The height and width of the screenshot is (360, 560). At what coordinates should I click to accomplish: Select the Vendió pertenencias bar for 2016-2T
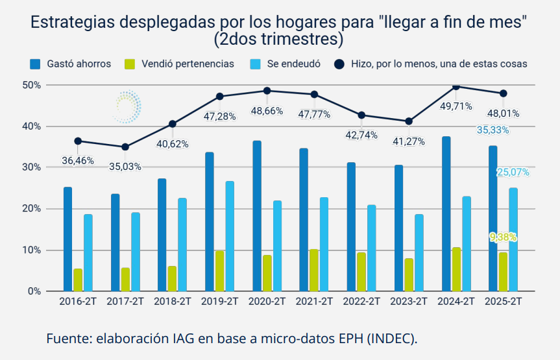(x=78, y=280)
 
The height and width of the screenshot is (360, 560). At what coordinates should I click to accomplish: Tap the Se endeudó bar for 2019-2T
(x=230, y=236)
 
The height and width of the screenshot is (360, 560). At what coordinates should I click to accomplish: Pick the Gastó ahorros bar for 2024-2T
(x=446, y=214)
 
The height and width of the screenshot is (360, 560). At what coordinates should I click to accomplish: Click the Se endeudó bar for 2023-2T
(x=419, y=252)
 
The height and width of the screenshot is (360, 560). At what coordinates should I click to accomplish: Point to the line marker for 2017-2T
(x=125, y=147)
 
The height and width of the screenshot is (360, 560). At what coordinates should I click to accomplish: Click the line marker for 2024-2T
(x=456, y=86)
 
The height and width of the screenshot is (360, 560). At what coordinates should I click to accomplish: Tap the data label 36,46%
(x=78, y=160)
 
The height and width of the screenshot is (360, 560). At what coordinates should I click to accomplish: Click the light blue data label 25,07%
(x=513, y=173)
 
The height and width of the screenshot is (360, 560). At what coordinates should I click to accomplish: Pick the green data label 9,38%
(x=503, y=237)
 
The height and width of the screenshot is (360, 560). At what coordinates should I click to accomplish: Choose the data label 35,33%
(x=493, y=130)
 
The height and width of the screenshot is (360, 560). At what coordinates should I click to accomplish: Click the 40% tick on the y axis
(x=31, y=126)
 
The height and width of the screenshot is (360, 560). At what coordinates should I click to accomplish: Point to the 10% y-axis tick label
(x=31, y=250)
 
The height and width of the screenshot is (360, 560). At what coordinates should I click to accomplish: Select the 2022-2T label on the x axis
(x=361, y=302)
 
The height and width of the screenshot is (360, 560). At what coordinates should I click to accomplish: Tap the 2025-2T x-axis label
(x=504, y=302)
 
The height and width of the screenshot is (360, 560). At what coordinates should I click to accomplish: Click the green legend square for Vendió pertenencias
(x=130, y=64)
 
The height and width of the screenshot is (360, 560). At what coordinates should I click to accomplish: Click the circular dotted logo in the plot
(x=127, y=106)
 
